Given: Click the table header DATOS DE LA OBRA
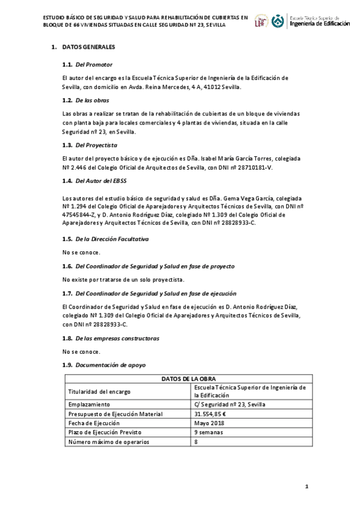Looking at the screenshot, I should (x=188, y=379).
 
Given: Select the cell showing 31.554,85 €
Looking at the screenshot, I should (x=210, y=414).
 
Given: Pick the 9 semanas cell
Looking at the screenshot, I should (x=208, y=432).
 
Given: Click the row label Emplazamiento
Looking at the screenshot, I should (x=89, y=405).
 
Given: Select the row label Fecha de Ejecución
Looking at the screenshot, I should (x=94, y=423).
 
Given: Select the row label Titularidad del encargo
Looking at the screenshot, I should (x=100, y=392).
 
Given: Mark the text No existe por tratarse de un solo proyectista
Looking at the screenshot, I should (x=123, y=280).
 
